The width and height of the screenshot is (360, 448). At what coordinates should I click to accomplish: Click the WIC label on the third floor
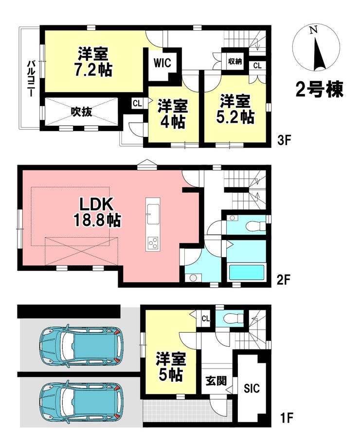[162, 63]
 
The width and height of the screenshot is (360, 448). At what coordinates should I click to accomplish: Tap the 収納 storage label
[235, 61]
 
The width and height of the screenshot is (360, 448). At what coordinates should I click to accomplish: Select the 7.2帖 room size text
[93, 70]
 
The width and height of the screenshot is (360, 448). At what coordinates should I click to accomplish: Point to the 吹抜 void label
[82, 112]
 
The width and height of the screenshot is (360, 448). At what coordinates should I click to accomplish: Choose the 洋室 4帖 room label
[172, 113]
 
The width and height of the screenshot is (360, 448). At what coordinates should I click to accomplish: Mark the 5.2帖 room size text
[235, 116]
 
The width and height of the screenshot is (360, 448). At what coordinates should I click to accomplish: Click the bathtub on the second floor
[247, 273]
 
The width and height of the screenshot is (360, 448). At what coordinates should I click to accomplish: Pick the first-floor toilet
[234, 317]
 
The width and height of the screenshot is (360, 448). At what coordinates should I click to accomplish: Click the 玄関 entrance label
[216, 381]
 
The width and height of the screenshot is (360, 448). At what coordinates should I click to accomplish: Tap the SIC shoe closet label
[252, 388]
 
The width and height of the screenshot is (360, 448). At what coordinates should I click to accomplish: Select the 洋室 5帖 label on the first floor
[171, 367]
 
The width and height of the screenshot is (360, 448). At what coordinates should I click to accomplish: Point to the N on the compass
[314, 30]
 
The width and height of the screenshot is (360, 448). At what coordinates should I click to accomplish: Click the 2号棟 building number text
[319, 89]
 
